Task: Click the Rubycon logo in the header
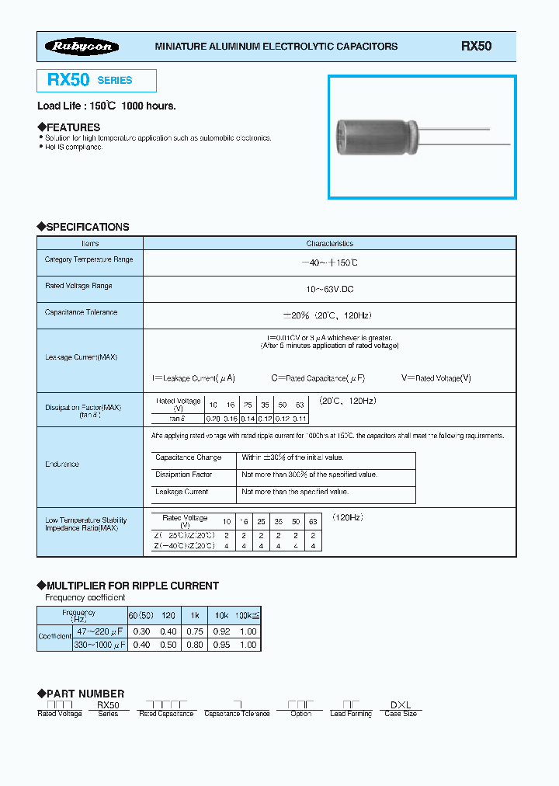pyautogui.click(x=82, y=47)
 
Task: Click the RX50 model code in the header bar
pyautogui.click(x=476, y=47)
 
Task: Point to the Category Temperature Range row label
pyautogui.click(x=89, y=259)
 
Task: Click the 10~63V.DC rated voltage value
pyautogui.click(x=329, y=289)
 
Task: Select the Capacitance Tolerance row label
pyautogui.click(x=82, y=312)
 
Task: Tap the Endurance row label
pyautogui.click(x=62, y=464)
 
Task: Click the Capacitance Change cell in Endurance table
pyautogui.click(x=189, y=458)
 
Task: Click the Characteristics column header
pyautogui.click(x=329, y=243)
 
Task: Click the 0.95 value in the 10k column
pyautogui.click(x=221, y=645)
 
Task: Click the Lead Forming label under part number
pyautogui.click(x=351, y=714)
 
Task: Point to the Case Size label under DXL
pyautogui.click(x=401, y=714)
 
